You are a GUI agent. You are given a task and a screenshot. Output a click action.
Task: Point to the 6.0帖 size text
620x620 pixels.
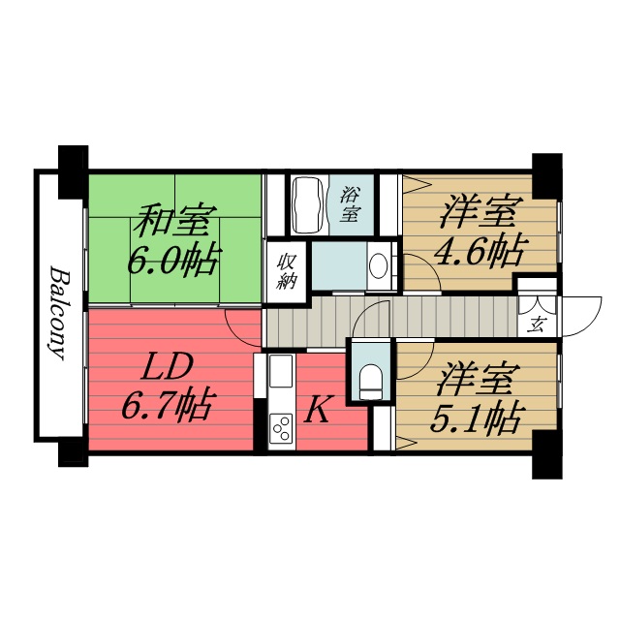[x=175, y=260]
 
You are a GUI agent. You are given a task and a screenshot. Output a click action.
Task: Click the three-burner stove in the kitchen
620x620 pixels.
[x=282, y=427]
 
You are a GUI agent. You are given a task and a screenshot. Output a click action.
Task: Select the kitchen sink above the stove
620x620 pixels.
[x=280, y=372]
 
